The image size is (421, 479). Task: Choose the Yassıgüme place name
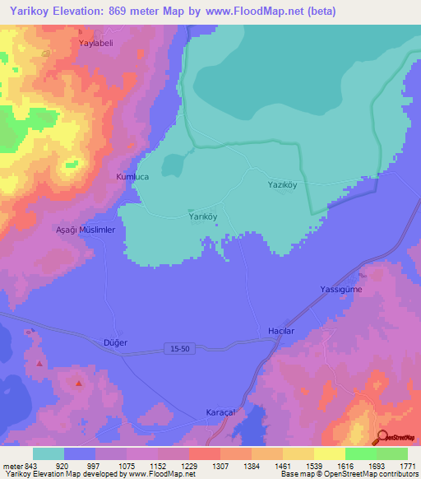[341, 290]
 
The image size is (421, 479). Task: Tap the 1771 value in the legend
[396, 465]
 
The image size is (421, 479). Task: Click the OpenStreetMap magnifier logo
[383, 438]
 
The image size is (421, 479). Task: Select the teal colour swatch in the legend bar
[49, 453]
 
